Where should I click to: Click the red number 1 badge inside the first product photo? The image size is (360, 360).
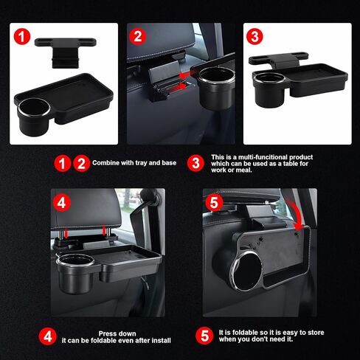[22, 37]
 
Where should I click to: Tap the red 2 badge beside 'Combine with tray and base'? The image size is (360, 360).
[81, 163]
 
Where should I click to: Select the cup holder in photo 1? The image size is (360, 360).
[34, 116]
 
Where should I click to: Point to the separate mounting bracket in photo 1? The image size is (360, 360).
[66, 52]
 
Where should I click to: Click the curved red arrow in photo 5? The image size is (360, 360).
[296, 214]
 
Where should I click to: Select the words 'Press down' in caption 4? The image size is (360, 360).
[117, 333]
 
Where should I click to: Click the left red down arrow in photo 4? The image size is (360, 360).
[66, 232]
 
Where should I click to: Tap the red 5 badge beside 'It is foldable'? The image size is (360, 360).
[204, 336]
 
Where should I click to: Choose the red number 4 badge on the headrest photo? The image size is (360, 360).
[61, 203]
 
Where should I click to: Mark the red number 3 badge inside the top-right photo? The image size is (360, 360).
[255, 36]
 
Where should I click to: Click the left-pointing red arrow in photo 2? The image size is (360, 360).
[187, 75]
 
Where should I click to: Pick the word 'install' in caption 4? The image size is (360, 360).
[162, 340]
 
